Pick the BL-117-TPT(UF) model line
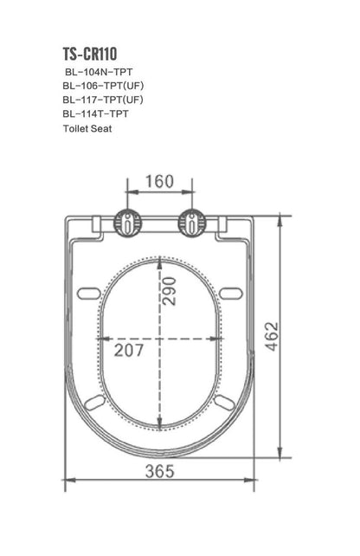point(102,100)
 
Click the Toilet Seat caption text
point(87,128)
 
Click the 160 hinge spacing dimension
point(159,182)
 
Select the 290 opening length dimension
point(169,295)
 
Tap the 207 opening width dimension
point(130,350)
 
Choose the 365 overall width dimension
point(159,471)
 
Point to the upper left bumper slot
point(89,293)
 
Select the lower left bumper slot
point(95,403)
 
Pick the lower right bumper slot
point(223,403)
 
